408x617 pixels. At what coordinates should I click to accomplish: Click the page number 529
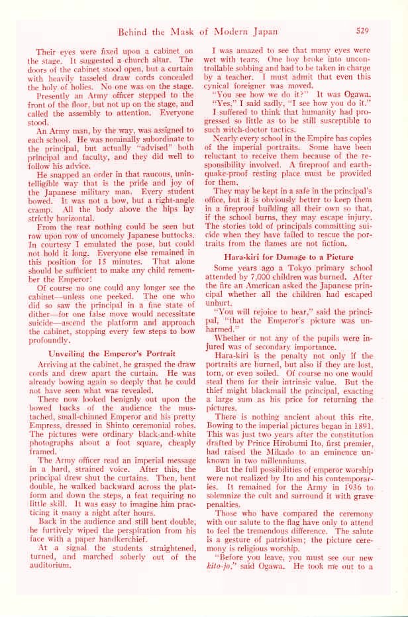362,30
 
